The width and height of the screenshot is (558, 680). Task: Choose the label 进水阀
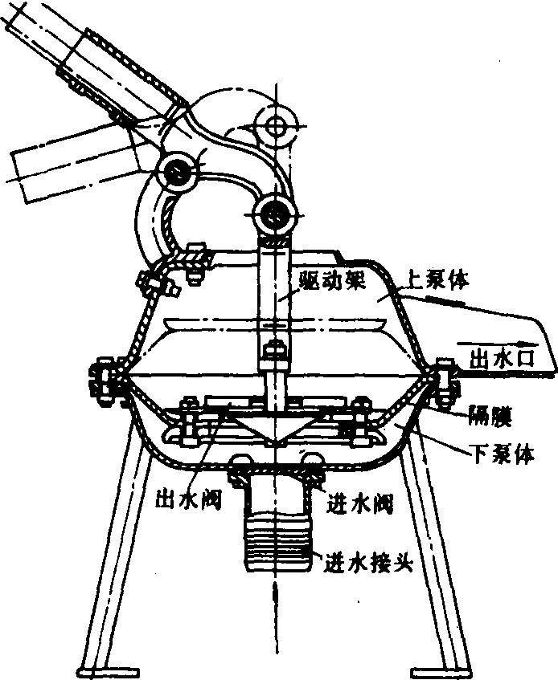coord(361,503)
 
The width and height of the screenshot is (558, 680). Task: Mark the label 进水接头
coord(367,561)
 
